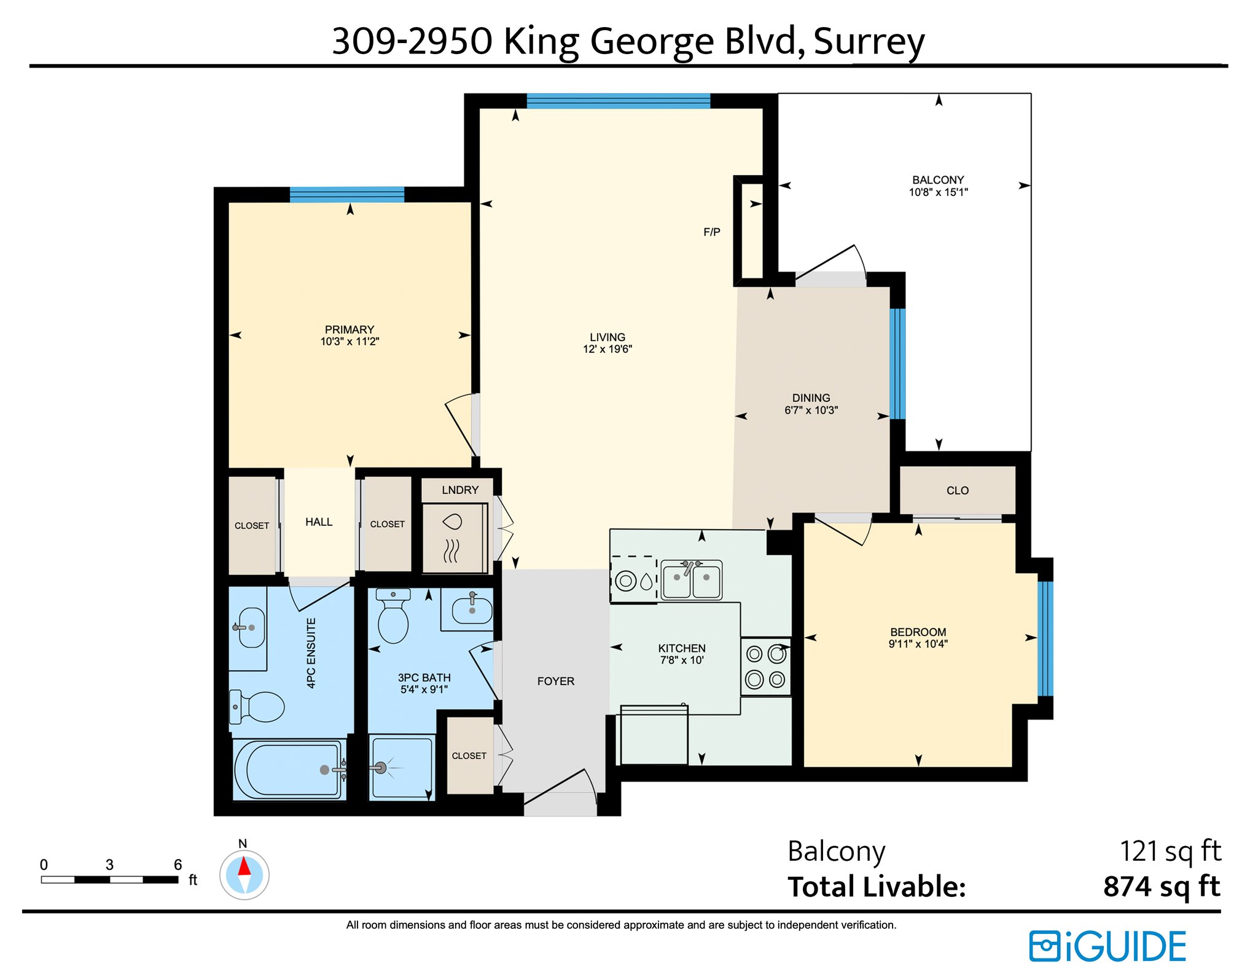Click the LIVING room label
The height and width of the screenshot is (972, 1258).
[607, 337]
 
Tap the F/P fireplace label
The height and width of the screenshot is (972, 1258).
[711, 232]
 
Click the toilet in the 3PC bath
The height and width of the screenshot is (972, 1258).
[393, 616]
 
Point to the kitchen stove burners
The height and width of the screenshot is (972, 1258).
[765, 667]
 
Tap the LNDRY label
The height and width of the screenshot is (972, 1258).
[460, 490]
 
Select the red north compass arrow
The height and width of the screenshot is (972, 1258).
[244, 866]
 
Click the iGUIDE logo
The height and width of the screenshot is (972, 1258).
[1108, 946]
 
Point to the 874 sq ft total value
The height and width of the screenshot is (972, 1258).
[1162, 887]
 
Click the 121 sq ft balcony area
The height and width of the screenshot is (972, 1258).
[1170, 852]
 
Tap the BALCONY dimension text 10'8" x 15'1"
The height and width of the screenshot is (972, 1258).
[938, 192]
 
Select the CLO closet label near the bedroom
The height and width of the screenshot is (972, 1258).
[958, 490]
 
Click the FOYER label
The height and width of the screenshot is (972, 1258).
[556, 681]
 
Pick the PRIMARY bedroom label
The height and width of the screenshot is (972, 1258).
[350, 329]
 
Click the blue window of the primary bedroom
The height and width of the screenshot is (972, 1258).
[347, 195]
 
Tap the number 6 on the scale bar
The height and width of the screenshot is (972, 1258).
[178, 865]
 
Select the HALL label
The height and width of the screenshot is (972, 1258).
[319, 522]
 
